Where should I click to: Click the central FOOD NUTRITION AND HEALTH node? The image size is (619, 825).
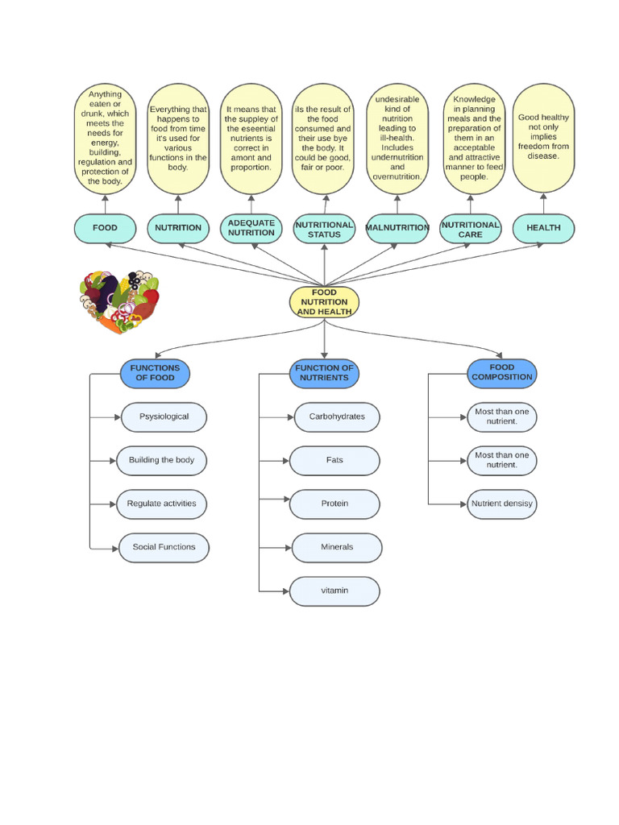tap(324, 302)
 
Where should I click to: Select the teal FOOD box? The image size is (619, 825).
tap(105, 228)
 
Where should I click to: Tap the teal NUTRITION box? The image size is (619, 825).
tap(178, 228)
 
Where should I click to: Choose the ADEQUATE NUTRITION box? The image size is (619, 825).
tap(251, 228)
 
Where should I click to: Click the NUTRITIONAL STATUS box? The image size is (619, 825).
tap(324, 230)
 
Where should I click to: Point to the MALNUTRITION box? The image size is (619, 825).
tap(397, 228)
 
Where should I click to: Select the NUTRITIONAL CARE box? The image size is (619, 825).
tap(471, 230)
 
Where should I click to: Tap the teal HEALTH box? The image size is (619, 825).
tap(543, 228)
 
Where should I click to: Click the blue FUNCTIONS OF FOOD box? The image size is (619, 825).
tap(155, 373)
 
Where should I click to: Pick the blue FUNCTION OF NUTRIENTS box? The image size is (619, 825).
tap(324, 373)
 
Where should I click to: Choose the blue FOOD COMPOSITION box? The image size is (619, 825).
tap(502, 372)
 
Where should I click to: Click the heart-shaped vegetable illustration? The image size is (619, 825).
tap(119, 302)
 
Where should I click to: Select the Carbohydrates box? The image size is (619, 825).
tap(336, 417)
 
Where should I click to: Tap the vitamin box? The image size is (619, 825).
tap(334, 591)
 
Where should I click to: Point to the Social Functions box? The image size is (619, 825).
tap(164, 547)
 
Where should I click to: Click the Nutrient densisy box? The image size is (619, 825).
tap(501, 504)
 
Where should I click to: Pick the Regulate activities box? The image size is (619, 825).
tap(161, 504)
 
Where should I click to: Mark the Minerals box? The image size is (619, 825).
tap(336, 547)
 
